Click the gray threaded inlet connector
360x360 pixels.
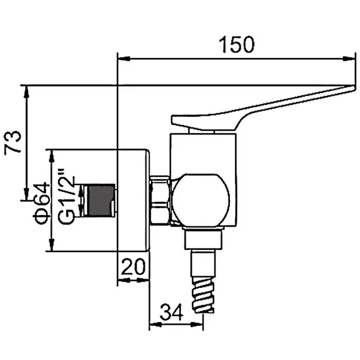pos(100,200)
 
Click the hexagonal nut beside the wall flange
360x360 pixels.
pos(161,200)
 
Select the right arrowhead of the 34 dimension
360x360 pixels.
pos(201,327)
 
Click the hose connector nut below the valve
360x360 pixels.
pos(203,240)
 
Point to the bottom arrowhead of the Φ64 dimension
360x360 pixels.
pos(51,248)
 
